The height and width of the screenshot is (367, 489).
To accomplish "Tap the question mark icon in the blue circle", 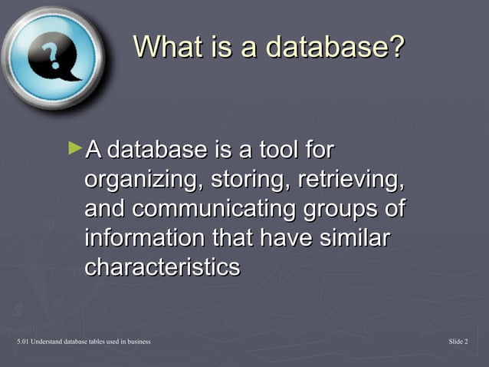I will click(x=52, y=59).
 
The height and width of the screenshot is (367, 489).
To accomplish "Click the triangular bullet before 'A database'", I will click(x=74, y=145).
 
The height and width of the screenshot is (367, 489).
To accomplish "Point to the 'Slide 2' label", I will click(x=458, y=341).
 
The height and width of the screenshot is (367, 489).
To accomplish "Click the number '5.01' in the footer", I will click(x=11, y=341).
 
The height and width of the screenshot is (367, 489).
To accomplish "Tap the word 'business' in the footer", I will click(x=136, y=341).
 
